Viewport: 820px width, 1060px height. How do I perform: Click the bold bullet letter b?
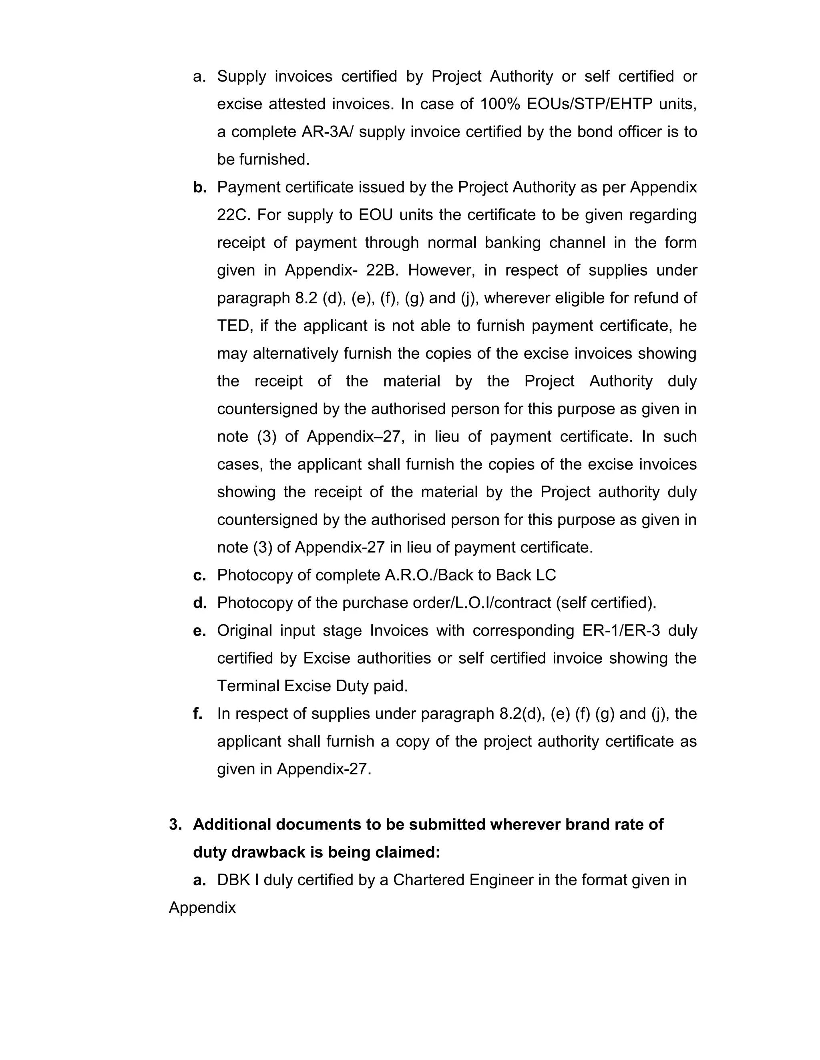pos(199,187)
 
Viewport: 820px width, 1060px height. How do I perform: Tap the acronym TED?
pos(235,325)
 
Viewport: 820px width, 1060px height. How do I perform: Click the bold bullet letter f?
pos(197,713)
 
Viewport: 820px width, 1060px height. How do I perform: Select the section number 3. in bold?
pos(175,824)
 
